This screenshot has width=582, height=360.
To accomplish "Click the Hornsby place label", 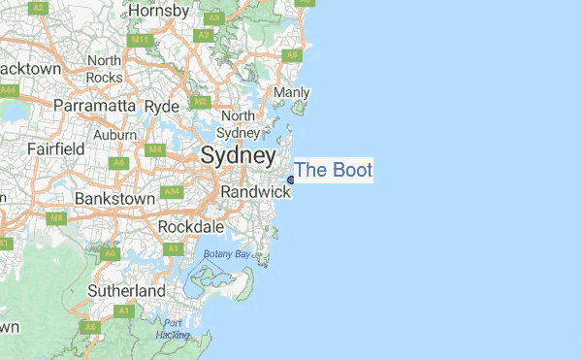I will (x=160, y=12).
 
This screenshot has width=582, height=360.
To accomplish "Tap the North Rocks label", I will (x=104, y=70).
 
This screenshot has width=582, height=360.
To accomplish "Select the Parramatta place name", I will (x=96, y=105).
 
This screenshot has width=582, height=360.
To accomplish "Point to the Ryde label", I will (x=162, y=105).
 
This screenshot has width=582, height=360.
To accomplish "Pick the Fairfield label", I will (x=55, y=149).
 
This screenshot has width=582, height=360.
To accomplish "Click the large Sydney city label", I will (x=238, y=155).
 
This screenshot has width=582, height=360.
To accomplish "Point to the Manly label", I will (x=292, y=92).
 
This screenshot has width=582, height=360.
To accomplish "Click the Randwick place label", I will (x=255, y=192).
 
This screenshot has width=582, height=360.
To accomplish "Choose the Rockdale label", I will (x=191, y=227).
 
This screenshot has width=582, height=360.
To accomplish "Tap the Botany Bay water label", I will (x=226, y=253).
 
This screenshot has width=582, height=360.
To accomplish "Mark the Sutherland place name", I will (x=126, y=290).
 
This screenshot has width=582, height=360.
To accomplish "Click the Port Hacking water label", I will (x=173, y=329).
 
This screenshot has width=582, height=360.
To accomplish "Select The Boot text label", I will (x=333, y=170).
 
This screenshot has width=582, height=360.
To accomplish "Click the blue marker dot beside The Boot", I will (x=291, y=180).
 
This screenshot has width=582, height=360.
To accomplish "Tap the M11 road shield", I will (x=141, y=40).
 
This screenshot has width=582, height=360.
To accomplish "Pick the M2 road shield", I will (x=201, y=101).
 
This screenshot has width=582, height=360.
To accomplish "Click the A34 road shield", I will (x=173, y=193).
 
